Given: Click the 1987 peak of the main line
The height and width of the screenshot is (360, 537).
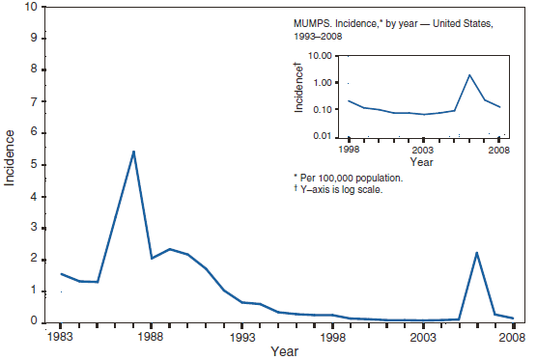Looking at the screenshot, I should pyautogui.click(x=133, y=152).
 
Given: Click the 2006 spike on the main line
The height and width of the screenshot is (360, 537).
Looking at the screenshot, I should pyautogui.click(x=477, y=252).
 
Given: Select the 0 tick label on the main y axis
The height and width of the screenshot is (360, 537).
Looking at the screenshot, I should pyautogui.click(x=35, y=322).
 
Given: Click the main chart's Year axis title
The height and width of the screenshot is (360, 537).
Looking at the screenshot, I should pyautogui.click(x=286, y=352).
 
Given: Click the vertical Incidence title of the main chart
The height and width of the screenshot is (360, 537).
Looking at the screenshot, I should pyautogui.click(x=11, y=164).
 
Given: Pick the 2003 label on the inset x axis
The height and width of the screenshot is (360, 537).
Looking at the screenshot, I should pyautogui.click(x=420, y=151).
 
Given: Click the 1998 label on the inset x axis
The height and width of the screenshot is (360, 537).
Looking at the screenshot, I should pyautogui.click(x=349, y=151).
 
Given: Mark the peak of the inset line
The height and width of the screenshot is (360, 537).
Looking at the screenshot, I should pyautogui.click(x=469, y=75).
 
